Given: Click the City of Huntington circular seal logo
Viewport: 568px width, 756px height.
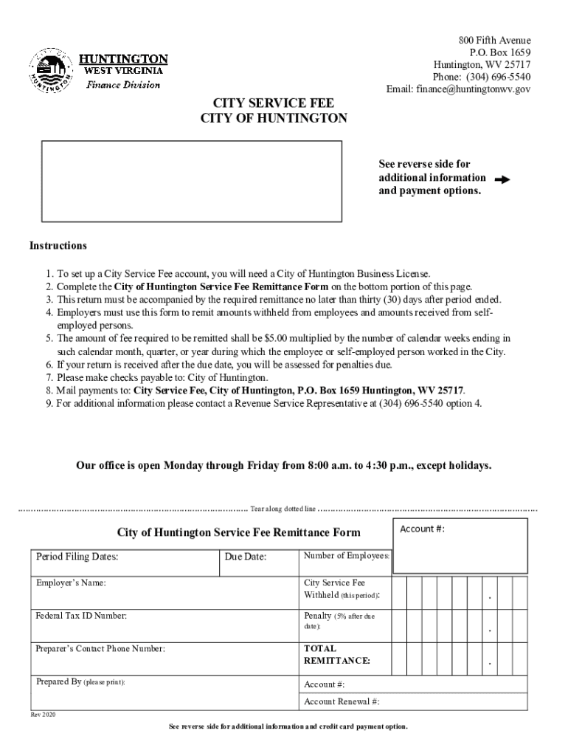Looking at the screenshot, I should pyautogui.click(x=50, y=71).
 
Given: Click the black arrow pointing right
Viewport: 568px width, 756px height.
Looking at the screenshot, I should pyautogui.click(x=502, y=179).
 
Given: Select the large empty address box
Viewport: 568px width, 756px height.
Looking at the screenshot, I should pyautogui.click(x=191, y=181).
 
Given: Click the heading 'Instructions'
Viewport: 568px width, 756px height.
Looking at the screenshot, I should pyautogui.click(x=58, y=246).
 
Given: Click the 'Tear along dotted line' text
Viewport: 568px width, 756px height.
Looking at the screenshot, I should pyautogui.click(x=283, y=509).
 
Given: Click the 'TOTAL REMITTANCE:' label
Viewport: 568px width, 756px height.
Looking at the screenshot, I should pyautogui.click(x=337, y=654).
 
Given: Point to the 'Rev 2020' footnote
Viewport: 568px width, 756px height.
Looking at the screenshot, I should pyautogui.click(x=43, y=715).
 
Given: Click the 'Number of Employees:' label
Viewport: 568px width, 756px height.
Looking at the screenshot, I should pyautogui.click(x=347, y=556).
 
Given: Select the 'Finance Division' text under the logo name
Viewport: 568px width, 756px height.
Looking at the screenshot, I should pyautogui.click(x=123, y=85).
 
